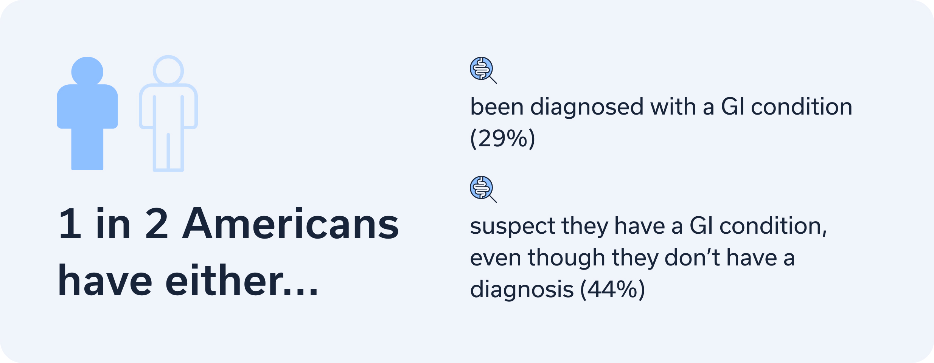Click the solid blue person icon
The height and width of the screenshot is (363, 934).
(x=87, y=113)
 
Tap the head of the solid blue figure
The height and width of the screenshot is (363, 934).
(x=87, y=71)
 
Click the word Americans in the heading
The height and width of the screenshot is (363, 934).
(x=291, y=224)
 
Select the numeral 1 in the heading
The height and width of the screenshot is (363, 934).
(x=71, y=223)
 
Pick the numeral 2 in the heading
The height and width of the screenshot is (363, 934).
(x=156, y=223)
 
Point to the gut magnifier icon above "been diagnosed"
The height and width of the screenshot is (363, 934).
(x=483, y=70)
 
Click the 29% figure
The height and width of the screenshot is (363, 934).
(x=503, y=138)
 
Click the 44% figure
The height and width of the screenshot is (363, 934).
(x=612, y=290)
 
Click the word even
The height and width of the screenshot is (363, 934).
(x=496, y=258)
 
